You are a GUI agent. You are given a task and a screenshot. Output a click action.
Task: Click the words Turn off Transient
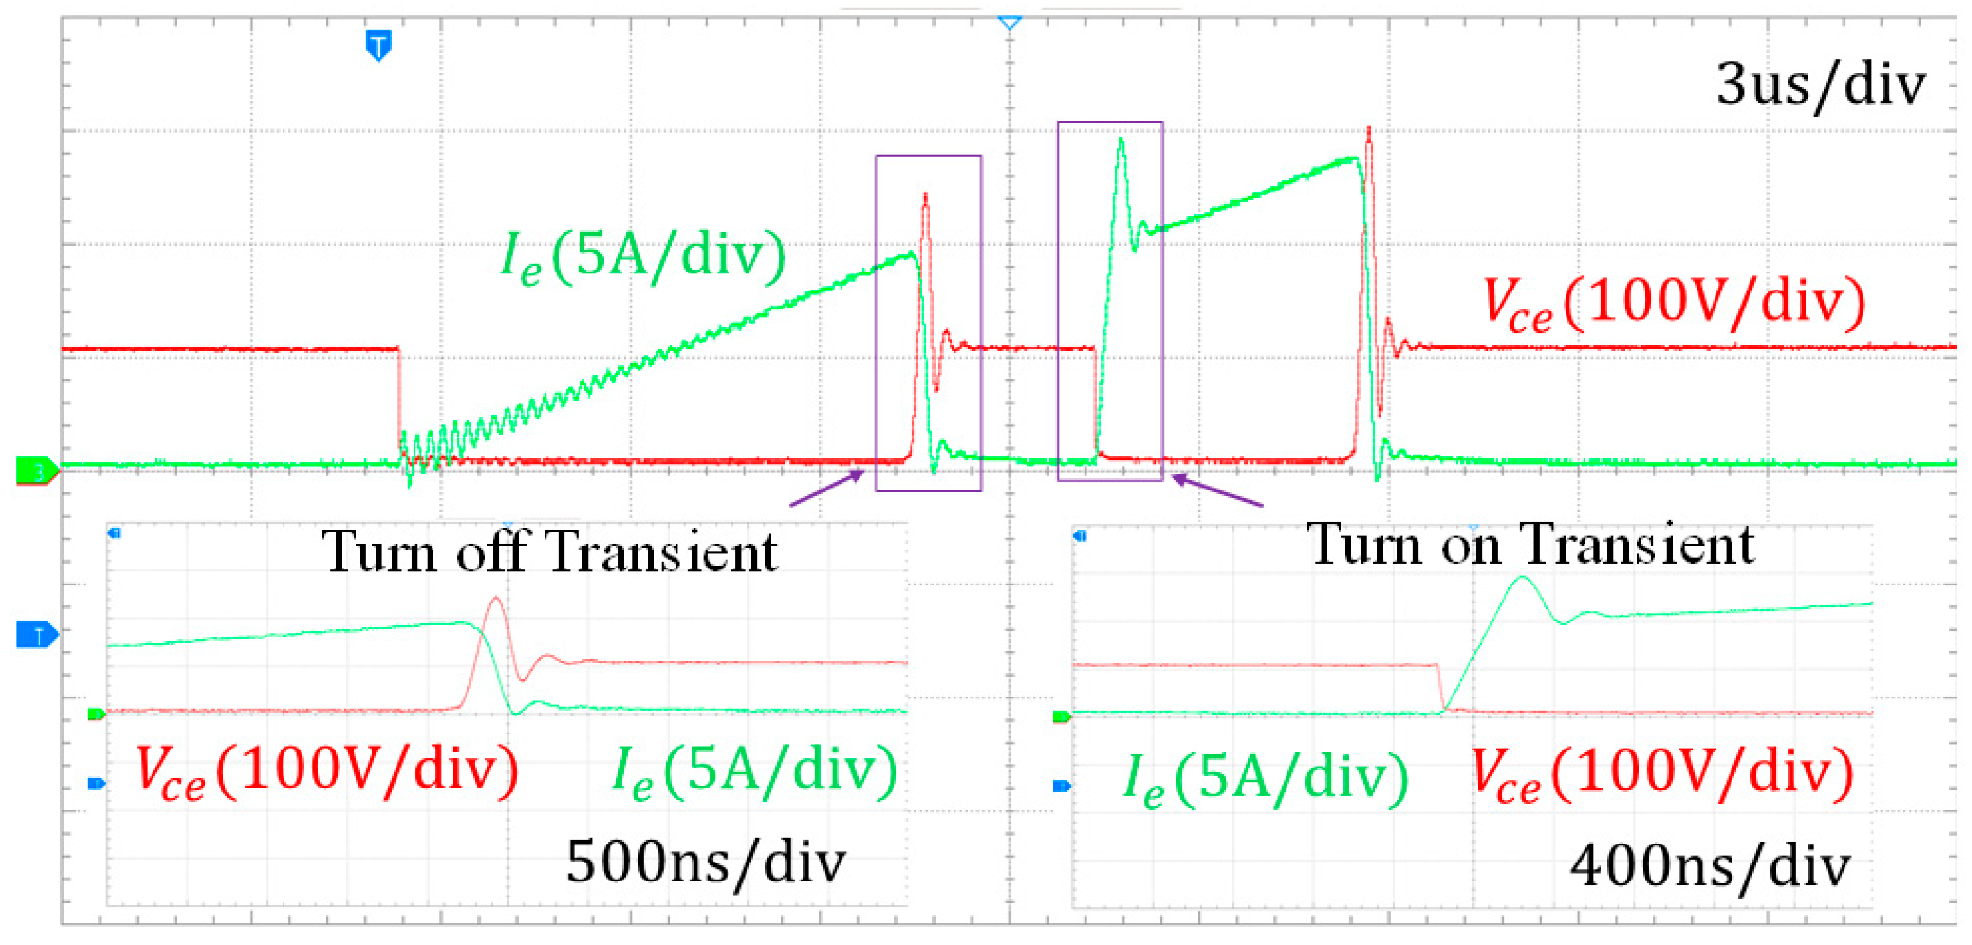click(x=549, y=551)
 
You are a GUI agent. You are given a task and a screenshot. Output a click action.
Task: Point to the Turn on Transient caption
click(x=1530, y=545)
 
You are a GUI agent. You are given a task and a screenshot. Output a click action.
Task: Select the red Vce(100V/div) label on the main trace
click(x=1673, y=304)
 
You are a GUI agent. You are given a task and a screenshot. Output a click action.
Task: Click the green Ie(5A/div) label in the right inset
click(x=1264, y=777)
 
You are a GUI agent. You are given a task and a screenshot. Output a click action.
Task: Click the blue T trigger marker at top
click(x=378, y=45)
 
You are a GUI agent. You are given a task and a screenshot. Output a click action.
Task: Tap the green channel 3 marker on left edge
click(x=35, y=470)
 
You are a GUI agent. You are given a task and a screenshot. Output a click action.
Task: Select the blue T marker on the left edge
click(x=35, y=634)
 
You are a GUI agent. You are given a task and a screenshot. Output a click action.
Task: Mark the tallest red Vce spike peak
click(x=1369, y=128)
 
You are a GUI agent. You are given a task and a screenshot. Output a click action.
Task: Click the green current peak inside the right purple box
click(x=1121, y=139)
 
